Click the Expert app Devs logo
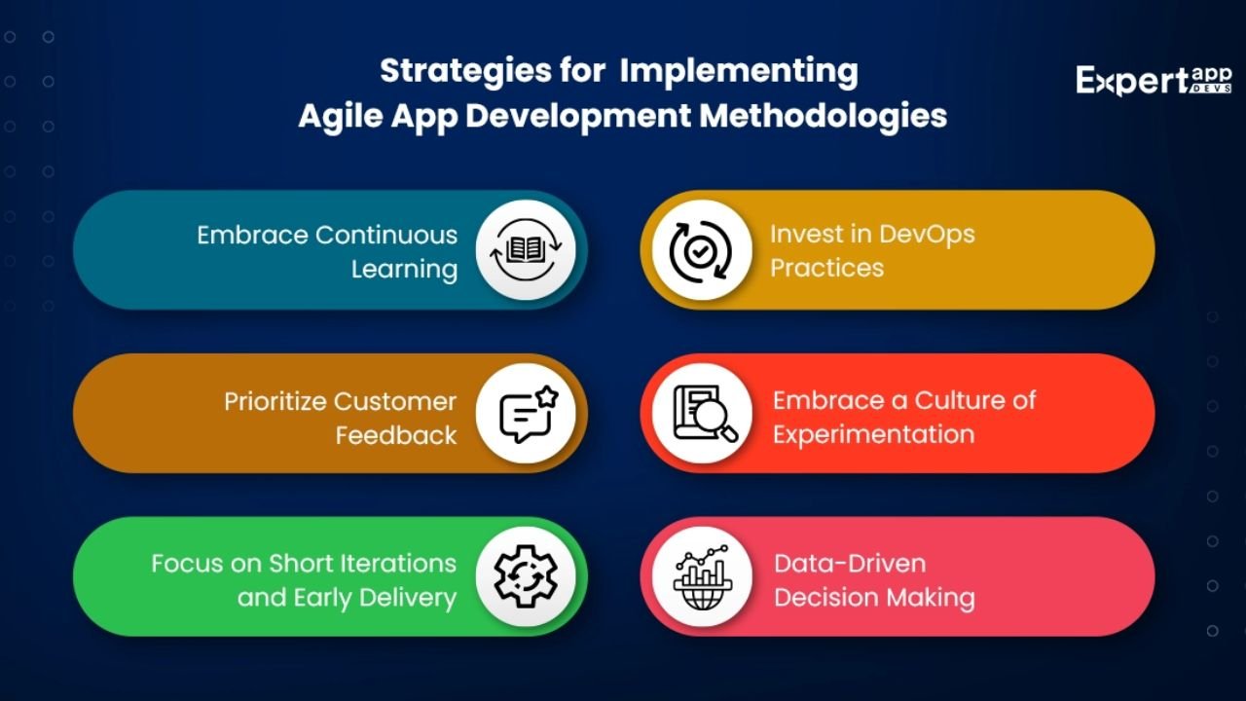click(x=1154, y=81)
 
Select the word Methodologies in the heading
click(x=824, y=116)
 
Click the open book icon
click(x=526, y=250)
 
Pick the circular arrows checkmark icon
click(x=701, y=251)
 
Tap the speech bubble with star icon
click(x=528, y=414)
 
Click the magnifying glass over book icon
click(x=705, y=414)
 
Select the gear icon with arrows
click(x=526, y=575)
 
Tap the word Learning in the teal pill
click(x=404, y=270)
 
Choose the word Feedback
click(x=396, y=435)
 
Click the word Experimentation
click(x=874, y=434)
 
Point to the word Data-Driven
click(x=850, y=564)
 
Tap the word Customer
click(x=395, y=401)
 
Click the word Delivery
click(x=408, y=598)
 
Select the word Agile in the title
click(x=341, y=117)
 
